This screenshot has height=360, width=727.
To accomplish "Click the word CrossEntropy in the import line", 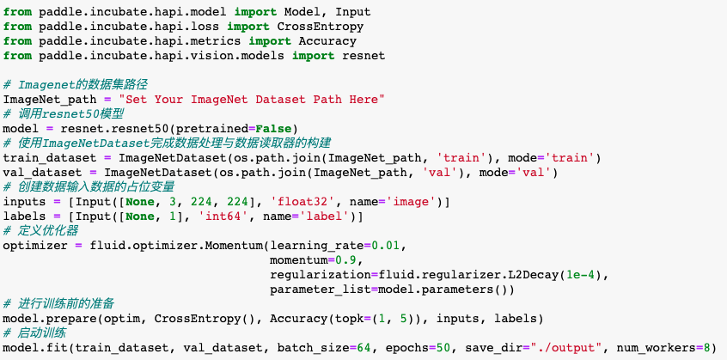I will [x=321, y=27].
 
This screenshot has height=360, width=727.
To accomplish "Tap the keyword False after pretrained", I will [x=273, y=128].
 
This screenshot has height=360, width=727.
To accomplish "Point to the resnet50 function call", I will [x=140, y=128].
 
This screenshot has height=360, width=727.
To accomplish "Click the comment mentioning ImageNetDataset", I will [x=168, y=143].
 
